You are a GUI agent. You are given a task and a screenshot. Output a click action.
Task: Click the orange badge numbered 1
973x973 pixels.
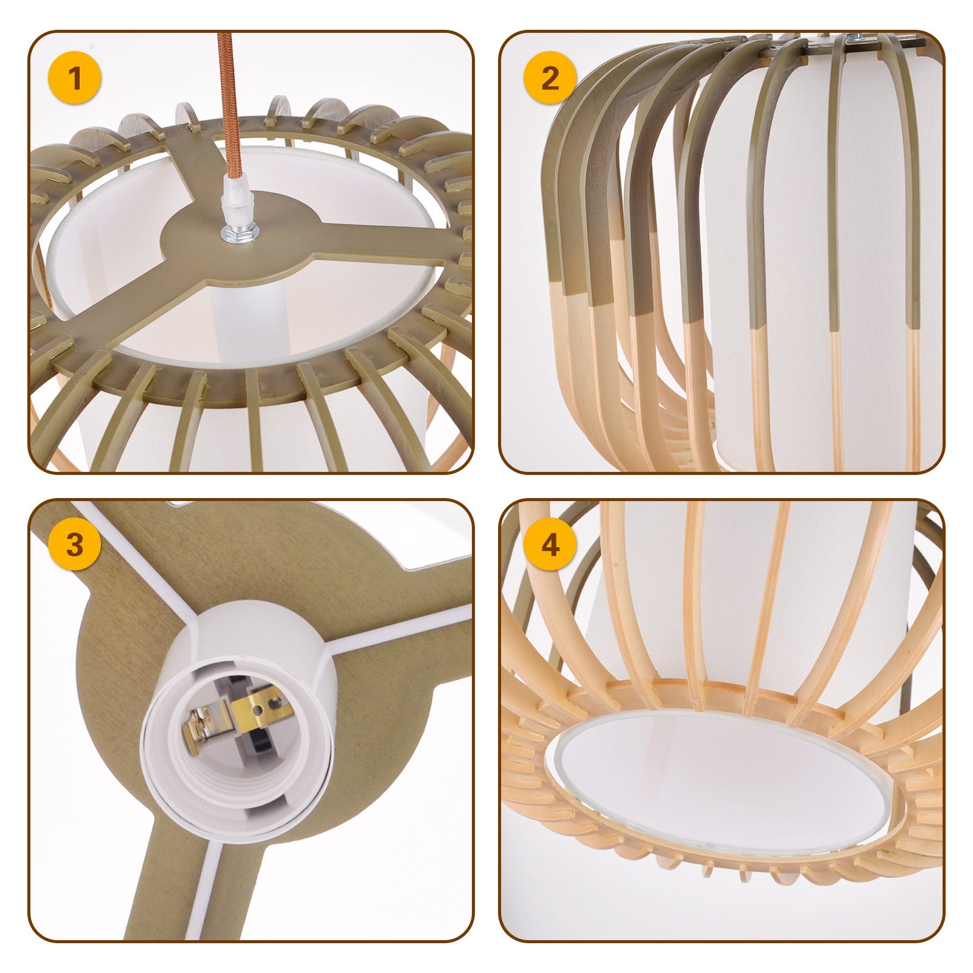75,79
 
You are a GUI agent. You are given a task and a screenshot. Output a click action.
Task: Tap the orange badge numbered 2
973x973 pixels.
550,79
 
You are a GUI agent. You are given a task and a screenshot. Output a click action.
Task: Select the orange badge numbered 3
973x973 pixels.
75,545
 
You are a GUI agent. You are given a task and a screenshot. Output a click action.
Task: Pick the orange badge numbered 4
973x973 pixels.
550,545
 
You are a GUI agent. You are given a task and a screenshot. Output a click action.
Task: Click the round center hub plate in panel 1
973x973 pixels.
237,243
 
